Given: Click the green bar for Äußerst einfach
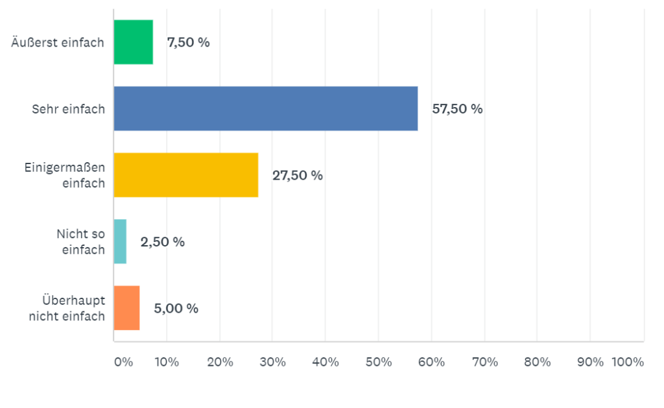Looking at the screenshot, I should tap(134, 42).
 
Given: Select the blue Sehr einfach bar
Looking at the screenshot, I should tap(266, 109).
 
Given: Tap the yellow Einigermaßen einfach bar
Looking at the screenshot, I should tap(186, 175).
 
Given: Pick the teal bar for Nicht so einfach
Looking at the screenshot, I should tap(120, 241).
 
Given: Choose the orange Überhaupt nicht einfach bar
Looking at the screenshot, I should tap(126, 308).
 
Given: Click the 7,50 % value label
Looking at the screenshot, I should tap(188, 43).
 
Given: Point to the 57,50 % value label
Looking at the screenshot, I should tap(457, 109).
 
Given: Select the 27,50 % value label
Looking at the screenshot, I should tap(297, 176).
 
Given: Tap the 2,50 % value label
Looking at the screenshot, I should tap(162, 242).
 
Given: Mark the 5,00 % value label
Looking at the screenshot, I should tap(176, 308).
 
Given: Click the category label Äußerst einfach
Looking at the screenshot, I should tap(58, 43).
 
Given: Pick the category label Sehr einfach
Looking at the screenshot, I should tap(68, 109).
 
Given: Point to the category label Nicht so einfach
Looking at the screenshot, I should tap(80, 241).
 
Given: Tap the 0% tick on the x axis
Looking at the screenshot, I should tap(123, 362).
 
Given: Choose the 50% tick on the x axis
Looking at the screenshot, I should tap(378, 362).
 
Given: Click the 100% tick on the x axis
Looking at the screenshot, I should tap(627, 362).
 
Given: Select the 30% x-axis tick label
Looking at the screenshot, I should tap(272, 362).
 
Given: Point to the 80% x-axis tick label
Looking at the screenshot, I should tap(537, 362).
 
